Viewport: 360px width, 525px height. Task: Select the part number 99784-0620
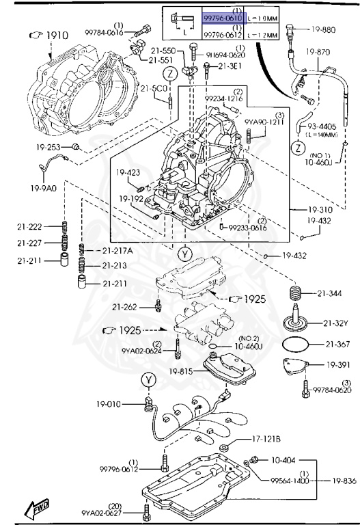tap(332, 390)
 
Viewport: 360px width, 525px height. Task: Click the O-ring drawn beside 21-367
tap(296, 344)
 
